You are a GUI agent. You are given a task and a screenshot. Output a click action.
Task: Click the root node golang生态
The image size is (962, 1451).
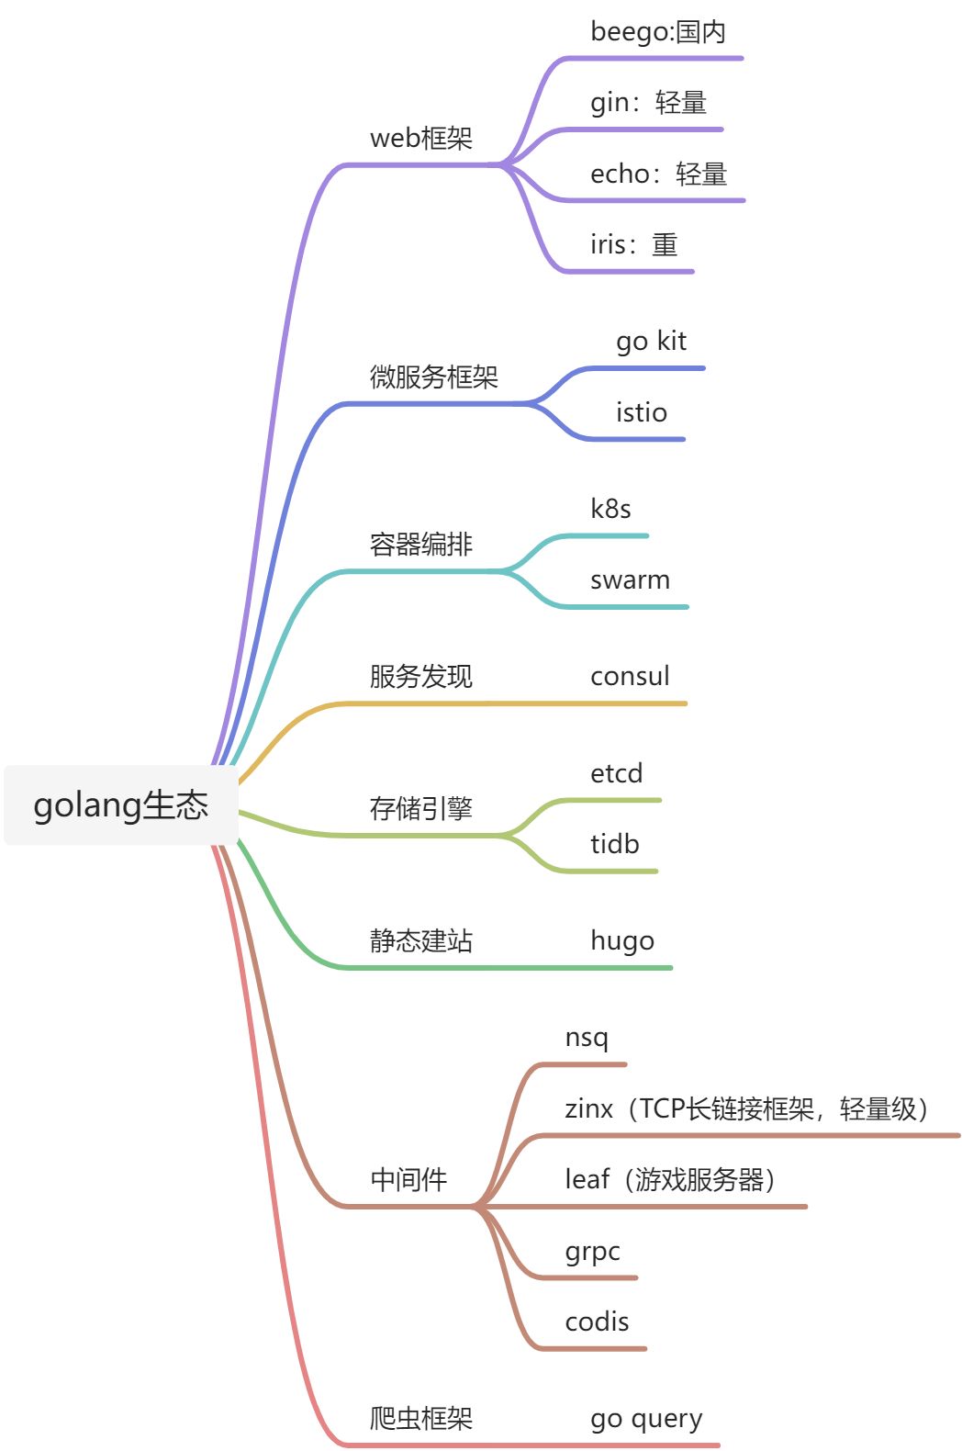coord(121,804)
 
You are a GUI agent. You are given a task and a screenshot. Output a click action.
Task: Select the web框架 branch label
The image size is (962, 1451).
coord(420,138)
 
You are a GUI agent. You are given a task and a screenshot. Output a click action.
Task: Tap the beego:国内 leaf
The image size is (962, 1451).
coord(658,32)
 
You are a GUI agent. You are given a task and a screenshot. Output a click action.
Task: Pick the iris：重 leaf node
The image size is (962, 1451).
coord(633,244)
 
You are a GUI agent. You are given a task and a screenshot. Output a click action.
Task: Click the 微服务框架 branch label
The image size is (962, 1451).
coord(433,377)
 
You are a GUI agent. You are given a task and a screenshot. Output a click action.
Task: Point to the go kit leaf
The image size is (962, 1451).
coord(651,341)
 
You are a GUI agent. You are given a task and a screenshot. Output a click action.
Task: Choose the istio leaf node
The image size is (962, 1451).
coord(641,412)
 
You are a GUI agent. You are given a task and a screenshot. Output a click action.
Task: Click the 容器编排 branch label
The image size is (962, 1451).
coord(420,545)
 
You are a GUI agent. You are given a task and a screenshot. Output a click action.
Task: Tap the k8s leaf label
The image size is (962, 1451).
coord(610,509)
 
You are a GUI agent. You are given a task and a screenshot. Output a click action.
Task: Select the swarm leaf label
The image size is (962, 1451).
coord(630,580)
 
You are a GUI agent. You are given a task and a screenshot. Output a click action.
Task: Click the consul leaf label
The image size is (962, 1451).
coord(630,676)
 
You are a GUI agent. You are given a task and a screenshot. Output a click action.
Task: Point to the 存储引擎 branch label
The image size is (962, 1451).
coord(420,808)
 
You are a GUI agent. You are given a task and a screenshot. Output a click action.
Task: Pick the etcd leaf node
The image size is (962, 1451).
coord(616,773)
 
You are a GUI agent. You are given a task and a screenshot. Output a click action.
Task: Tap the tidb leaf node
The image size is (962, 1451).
coord(614,844)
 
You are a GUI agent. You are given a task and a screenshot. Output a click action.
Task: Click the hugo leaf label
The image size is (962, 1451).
coord(622,940)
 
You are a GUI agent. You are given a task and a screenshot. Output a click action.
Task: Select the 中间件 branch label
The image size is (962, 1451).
coord(408,1179)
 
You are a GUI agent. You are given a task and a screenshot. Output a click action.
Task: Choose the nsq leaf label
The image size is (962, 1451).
coord(587,1038)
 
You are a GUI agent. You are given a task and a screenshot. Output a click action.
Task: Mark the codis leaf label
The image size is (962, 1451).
coord(597,1322)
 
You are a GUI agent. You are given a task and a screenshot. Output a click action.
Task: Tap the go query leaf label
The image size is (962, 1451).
coord(646,1419)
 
